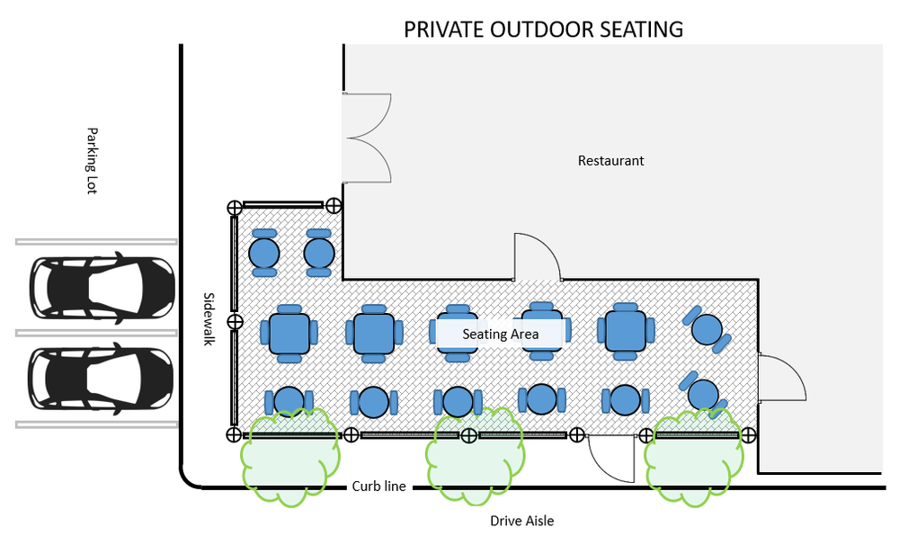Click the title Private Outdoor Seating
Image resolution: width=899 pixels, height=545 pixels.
click(543, 29)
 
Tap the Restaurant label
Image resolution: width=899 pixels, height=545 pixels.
click(610, 161)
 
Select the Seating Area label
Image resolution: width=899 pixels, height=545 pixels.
click(501, 335)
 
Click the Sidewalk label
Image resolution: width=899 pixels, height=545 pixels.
click(209, 318)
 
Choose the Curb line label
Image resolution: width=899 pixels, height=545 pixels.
click(378, 487)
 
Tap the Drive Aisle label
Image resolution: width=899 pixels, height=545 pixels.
click(521, 521)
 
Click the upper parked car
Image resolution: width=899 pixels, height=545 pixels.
click(102, 289)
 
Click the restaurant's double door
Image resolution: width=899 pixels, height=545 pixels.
click(366, 137)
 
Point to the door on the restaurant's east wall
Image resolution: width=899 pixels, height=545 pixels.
click(779, 378)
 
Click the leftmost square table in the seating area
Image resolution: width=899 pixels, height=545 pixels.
click(289, 333)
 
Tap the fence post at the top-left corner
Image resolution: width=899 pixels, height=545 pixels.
click(234, 207)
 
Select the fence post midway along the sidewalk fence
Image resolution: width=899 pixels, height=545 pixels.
click(235, 321)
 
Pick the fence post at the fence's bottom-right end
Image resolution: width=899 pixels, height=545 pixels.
click(747, 435)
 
